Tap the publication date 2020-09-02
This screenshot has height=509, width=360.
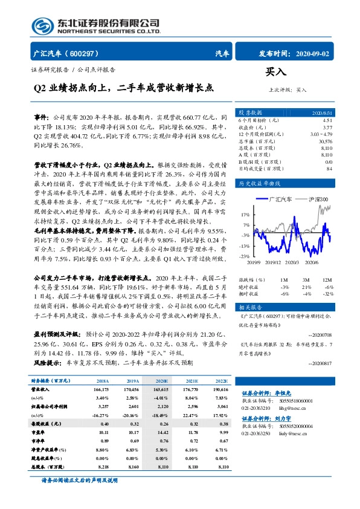coord(315,53)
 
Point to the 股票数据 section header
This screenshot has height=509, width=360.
coord(250,113)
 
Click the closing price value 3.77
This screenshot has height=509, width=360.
coord(327,128)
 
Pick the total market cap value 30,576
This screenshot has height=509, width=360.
coord(324,141)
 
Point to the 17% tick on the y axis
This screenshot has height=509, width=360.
coord(245,215)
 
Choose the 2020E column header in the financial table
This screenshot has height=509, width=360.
coord(161,381)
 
